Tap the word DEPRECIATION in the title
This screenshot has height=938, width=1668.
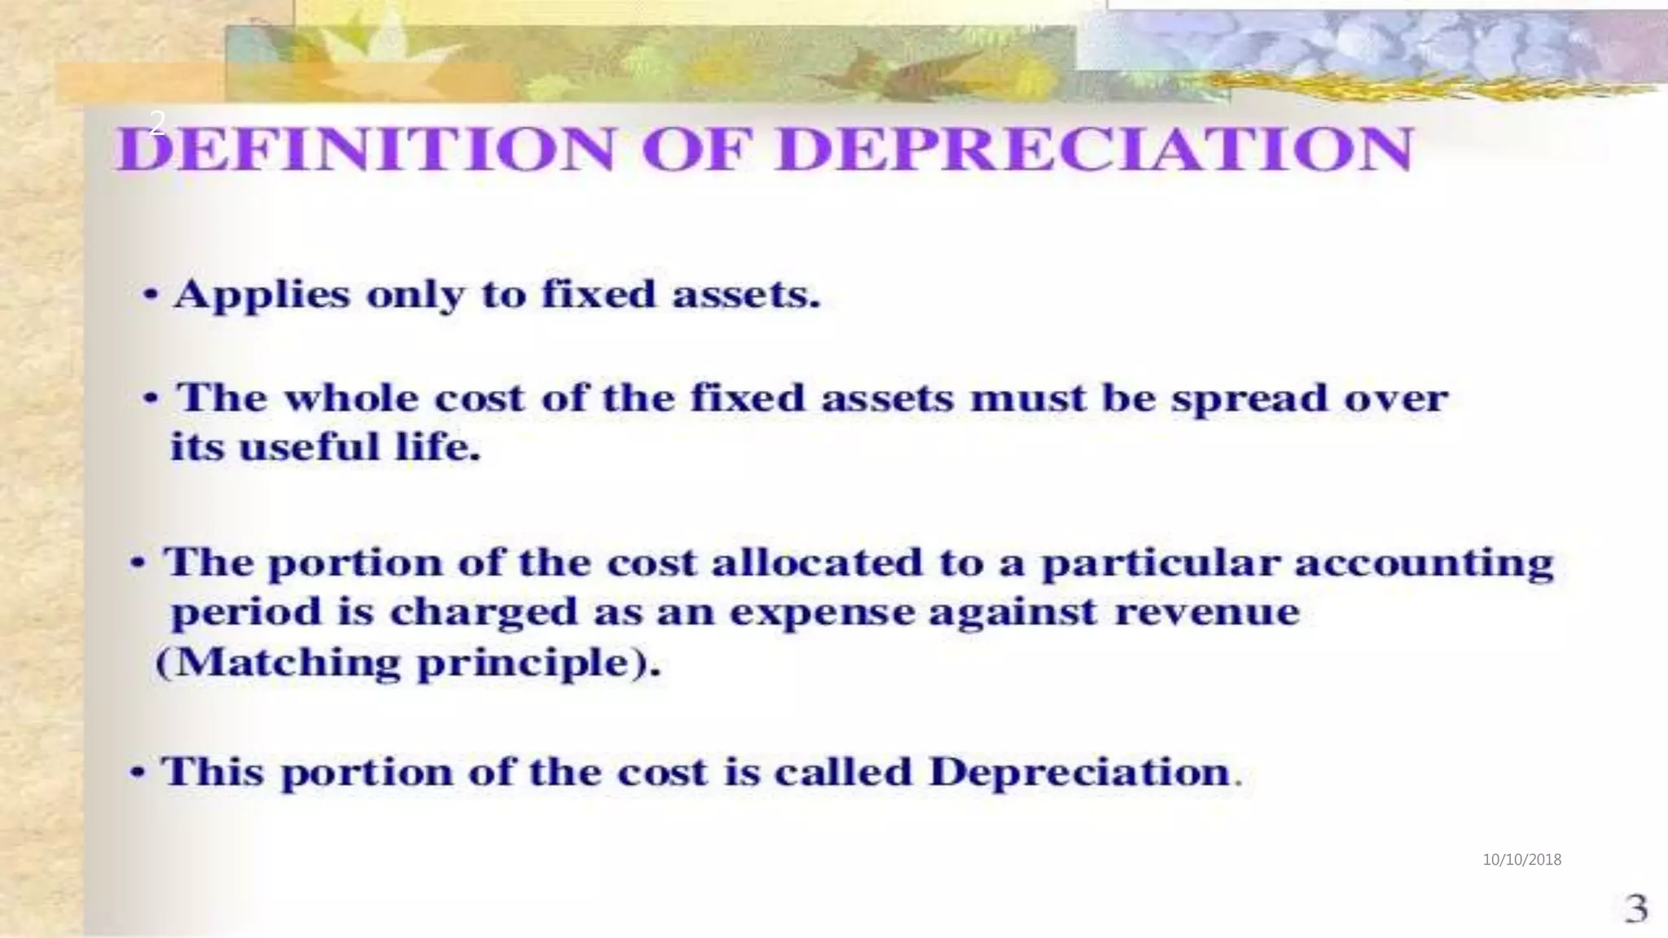1093,151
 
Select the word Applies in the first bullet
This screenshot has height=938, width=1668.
261,296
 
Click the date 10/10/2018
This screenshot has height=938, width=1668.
1521,859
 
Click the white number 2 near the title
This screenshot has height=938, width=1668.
157,122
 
